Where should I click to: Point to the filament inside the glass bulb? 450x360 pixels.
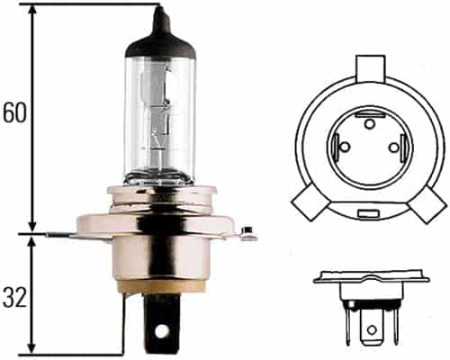[159, 117]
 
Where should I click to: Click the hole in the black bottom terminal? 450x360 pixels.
[162, 330]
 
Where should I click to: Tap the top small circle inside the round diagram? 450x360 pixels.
[368, 121]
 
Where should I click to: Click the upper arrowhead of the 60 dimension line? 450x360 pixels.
[33, 11]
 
